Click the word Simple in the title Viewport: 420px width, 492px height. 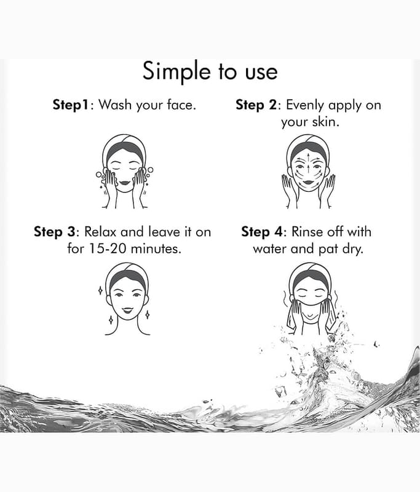[176, 72]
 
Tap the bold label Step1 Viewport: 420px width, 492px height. [72, 105]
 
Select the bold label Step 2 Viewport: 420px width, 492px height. [256, 105]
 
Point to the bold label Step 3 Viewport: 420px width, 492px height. [55, 232]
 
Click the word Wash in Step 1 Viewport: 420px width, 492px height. [116, 104]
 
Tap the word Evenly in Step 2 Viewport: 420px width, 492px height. [304, 105]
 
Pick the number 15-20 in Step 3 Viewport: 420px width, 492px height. [108, 249]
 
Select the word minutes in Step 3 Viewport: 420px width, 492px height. [156, 249]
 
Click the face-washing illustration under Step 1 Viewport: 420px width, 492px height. [125, 172]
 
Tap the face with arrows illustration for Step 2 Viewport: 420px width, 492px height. [309, 172]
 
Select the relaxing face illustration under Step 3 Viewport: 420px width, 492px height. [127, 299]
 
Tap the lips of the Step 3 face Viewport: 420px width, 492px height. [127, 311]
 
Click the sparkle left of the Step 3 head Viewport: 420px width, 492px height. [100, 290]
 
